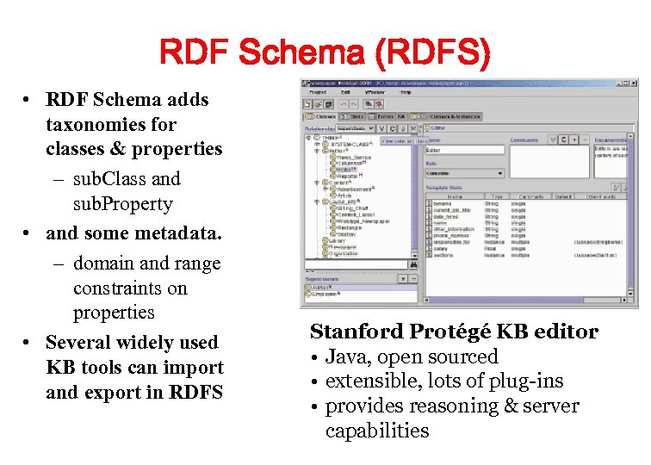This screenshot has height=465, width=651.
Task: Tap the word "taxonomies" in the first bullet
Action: click(90, 124)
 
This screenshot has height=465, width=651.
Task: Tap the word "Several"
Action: click(83, 343)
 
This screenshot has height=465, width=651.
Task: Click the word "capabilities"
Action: click(377, 431)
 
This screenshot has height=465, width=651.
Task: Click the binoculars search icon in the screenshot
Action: click(412, 265)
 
